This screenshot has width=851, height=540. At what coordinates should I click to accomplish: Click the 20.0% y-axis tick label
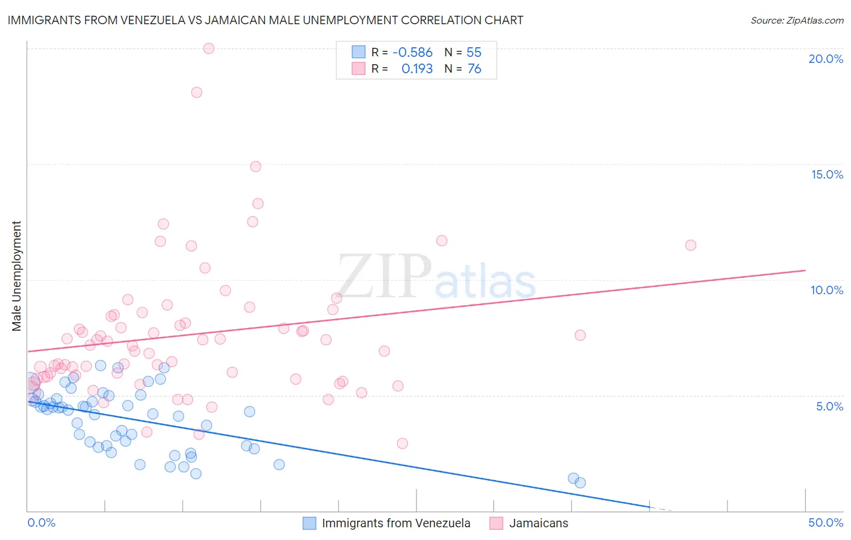tap(826, 59)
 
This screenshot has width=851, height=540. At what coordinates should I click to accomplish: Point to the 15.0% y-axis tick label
tap(827, 174)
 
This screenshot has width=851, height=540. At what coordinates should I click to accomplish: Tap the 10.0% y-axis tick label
tap(827, 290)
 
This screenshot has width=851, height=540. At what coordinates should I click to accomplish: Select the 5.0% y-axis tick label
tap(829, 406)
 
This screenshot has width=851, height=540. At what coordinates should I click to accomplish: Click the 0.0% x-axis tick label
tap(41, 522)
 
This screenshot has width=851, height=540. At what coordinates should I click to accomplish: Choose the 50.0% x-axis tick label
tap(826, 522)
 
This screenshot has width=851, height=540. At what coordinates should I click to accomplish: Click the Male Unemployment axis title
tap(16, 276)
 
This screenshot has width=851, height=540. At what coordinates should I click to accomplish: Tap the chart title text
tap(265, 20)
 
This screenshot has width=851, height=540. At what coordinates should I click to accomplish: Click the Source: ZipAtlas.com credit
tap(797, 20)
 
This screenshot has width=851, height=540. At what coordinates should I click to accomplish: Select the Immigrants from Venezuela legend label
tap(396, 523)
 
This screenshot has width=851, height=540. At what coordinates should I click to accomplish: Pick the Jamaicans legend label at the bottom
tap(539, 523)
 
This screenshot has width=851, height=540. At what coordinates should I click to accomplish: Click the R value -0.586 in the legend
tap(412, 52)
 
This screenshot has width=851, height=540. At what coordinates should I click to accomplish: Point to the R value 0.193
tap(417, 69)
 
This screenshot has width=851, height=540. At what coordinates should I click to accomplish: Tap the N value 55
tap(474, 52)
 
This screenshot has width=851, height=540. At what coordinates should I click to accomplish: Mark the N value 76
tap(474, 69)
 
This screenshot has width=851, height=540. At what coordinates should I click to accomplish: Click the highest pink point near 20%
tap(209, 48)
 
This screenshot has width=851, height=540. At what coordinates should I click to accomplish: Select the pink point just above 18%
tap(197, 93)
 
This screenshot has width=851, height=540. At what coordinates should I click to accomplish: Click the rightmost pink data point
tap(691, 245)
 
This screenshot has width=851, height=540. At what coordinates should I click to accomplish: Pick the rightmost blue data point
tap(580, 482)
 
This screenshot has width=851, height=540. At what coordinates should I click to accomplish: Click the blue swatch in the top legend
tap(359, 52)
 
